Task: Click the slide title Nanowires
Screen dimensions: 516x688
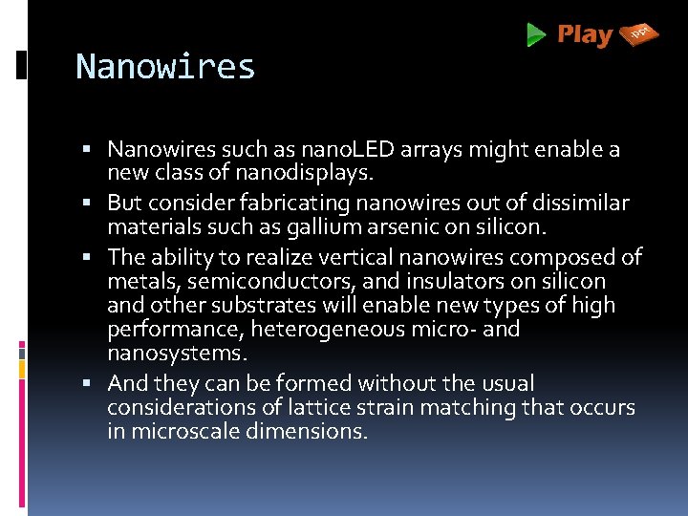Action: [x=165, y=67]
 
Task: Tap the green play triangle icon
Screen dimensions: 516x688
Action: [x=536, y=36]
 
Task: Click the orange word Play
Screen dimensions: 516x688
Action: [x=584, y=35]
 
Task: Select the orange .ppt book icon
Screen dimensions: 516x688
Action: [x=639, y=35]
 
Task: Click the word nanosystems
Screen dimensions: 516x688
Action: [x=177, y=353]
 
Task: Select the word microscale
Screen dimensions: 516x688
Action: [x=180, y=431]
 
